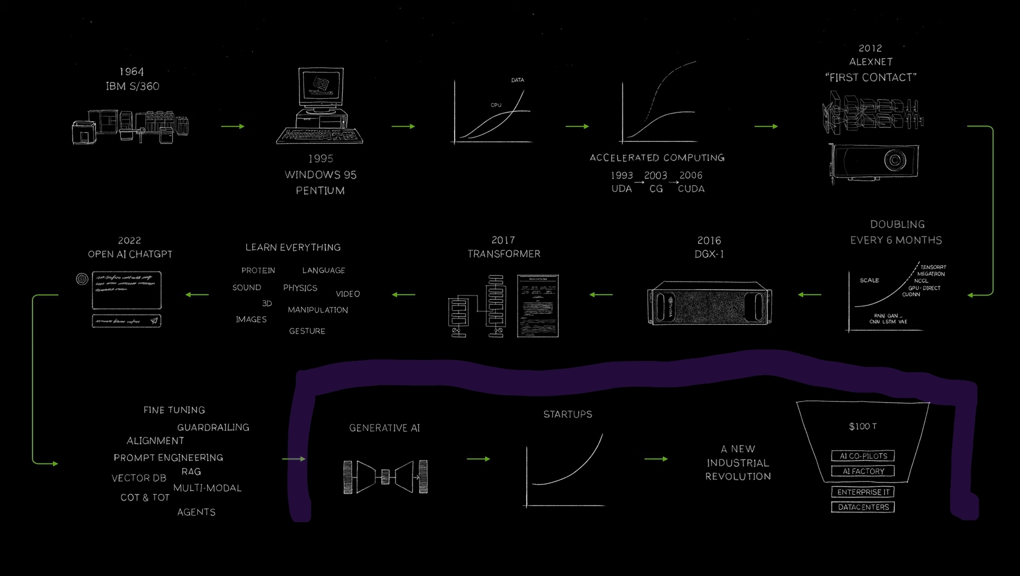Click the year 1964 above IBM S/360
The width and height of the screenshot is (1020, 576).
click(132, 71)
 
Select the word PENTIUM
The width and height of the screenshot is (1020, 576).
click(320, 190)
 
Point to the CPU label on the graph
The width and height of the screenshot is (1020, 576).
click(496, 105)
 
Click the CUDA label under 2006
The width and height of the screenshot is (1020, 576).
click(691, 189)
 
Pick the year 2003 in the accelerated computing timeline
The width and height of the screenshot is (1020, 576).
click(655, 175)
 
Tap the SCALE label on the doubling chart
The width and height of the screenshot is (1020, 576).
click(869, 281)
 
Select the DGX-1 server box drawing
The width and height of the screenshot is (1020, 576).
click(709, 302)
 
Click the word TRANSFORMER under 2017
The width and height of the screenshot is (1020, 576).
click(504, 254)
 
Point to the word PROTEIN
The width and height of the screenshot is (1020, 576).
click(258, 270)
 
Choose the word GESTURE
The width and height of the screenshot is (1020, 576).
click(307, 331)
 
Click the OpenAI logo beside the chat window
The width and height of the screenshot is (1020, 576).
click(82, 279)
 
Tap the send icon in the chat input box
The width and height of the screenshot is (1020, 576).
click(154, 321)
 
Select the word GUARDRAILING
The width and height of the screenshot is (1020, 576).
click(213, 427)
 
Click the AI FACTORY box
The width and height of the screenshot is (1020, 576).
click(863, 471)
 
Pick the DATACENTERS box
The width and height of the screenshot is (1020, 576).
click(863, 507)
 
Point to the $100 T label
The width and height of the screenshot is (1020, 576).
click(863, 426)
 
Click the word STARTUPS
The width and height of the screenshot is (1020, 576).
click(568, 414)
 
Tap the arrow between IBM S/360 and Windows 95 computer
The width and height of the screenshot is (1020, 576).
click(233, 126)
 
